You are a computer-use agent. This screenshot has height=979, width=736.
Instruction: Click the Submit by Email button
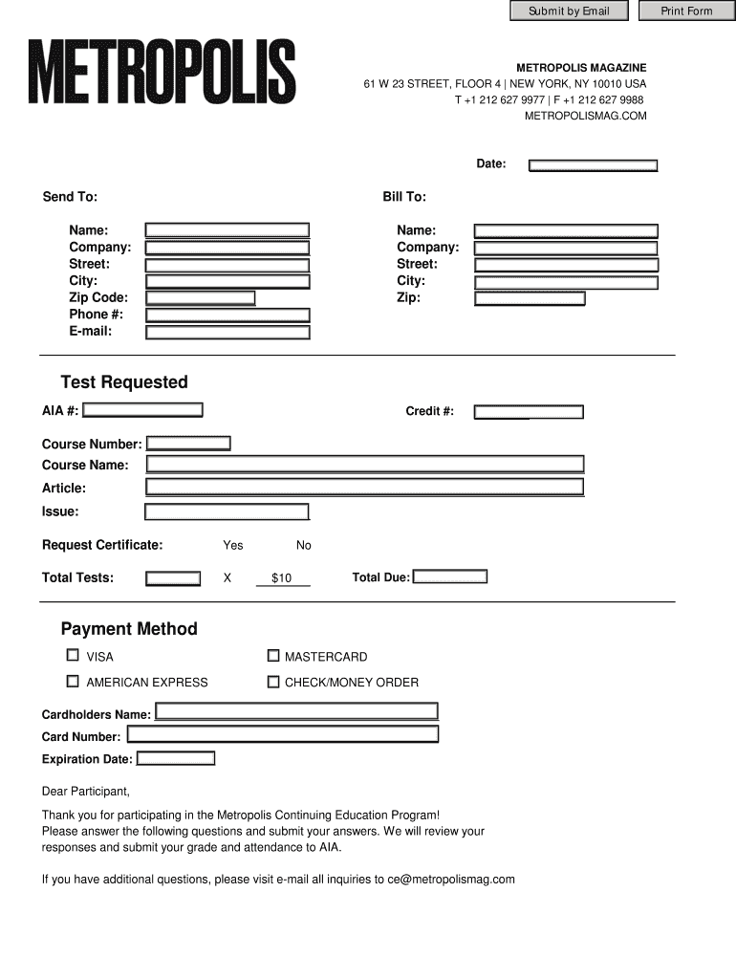tap(569, 11)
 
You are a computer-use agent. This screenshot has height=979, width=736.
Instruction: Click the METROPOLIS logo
tap(162, 72)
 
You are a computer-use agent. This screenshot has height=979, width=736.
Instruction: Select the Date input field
tap(594, 165)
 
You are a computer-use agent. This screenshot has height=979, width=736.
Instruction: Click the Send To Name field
tap(227, 230)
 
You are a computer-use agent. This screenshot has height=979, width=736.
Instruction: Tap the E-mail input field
tap(227, 333)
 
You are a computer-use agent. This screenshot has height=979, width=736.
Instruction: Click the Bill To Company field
tap(566, 248)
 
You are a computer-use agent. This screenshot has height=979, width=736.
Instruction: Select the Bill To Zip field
tap(530, 298)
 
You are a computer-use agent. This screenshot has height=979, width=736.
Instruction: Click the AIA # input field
tap(143, 410)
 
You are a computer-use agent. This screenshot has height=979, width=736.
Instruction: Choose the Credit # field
tap(529, 412)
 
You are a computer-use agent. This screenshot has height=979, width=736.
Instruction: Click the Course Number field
tap(188, 444)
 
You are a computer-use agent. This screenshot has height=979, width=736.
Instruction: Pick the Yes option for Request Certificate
tap(233, 545)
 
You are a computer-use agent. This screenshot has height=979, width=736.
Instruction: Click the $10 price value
tap(282, 578)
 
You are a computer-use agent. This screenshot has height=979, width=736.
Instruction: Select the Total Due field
tap(449, 577)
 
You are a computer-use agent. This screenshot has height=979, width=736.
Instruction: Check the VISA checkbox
tap(73, 656)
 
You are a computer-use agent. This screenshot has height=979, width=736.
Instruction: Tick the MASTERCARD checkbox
tap(273, 656)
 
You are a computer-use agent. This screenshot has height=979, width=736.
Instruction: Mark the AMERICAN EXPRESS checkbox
tap(73, 682)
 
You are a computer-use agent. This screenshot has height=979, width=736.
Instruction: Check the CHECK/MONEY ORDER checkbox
tap(273, 682)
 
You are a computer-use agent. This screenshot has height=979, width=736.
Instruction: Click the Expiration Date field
tap(176, 758)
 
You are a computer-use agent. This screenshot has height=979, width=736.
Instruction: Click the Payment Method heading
tap(129, 629)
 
